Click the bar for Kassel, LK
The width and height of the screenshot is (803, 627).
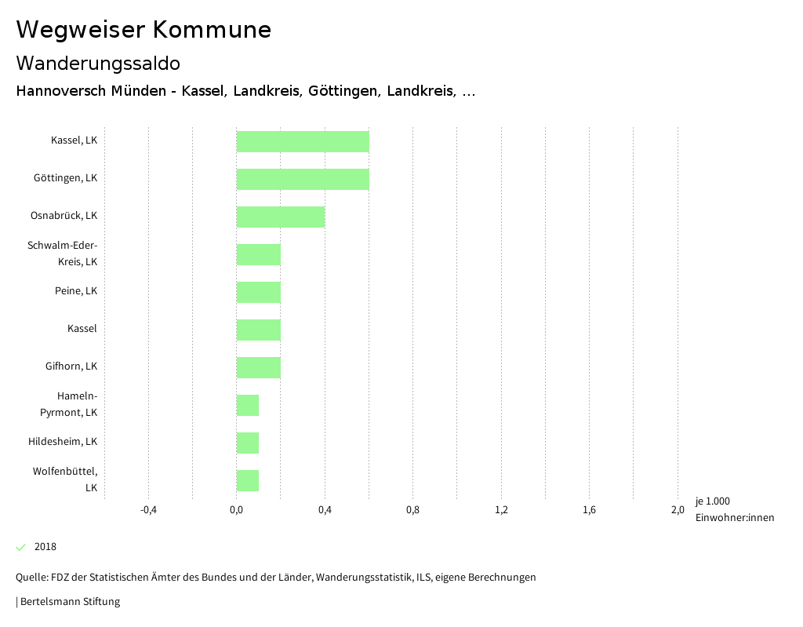click(x=303, y=141)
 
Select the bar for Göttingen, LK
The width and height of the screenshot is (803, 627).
click(x=303, y=179)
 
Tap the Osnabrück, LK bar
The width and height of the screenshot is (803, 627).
click(x=281, y=217)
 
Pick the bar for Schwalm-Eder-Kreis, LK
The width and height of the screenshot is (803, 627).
click(x=259, y=254)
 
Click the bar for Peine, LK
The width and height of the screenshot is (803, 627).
click(x=259, y=292)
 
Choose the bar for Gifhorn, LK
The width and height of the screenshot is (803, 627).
click(x=259, y=367)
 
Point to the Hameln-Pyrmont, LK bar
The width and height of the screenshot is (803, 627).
click(x=248, y=405)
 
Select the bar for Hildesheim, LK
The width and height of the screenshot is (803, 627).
click(x=248, y=443)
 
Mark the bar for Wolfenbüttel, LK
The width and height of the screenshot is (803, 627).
click(x=248, y=480)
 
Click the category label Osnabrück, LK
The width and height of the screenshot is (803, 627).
click(x=64, y=216)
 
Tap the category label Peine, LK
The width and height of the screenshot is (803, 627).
click(x=76, y=291)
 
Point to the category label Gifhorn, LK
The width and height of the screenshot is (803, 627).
click(x=71, y=366)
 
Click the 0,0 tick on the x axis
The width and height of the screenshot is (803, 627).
click(x=236, y=510)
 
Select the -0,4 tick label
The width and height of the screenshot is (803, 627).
click(x=148, y=510)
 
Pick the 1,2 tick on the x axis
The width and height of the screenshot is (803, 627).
click(x=501, y=510)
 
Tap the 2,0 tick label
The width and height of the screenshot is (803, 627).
click(x=678, y=510)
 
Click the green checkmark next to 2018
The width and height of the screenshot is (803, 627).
click(x=21, y=547)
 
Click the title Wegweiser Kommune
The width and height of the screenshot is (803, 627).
click(x=144, y=30)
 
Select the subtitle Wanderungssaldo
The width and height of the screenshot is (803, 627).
click(x=98, y=63)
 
